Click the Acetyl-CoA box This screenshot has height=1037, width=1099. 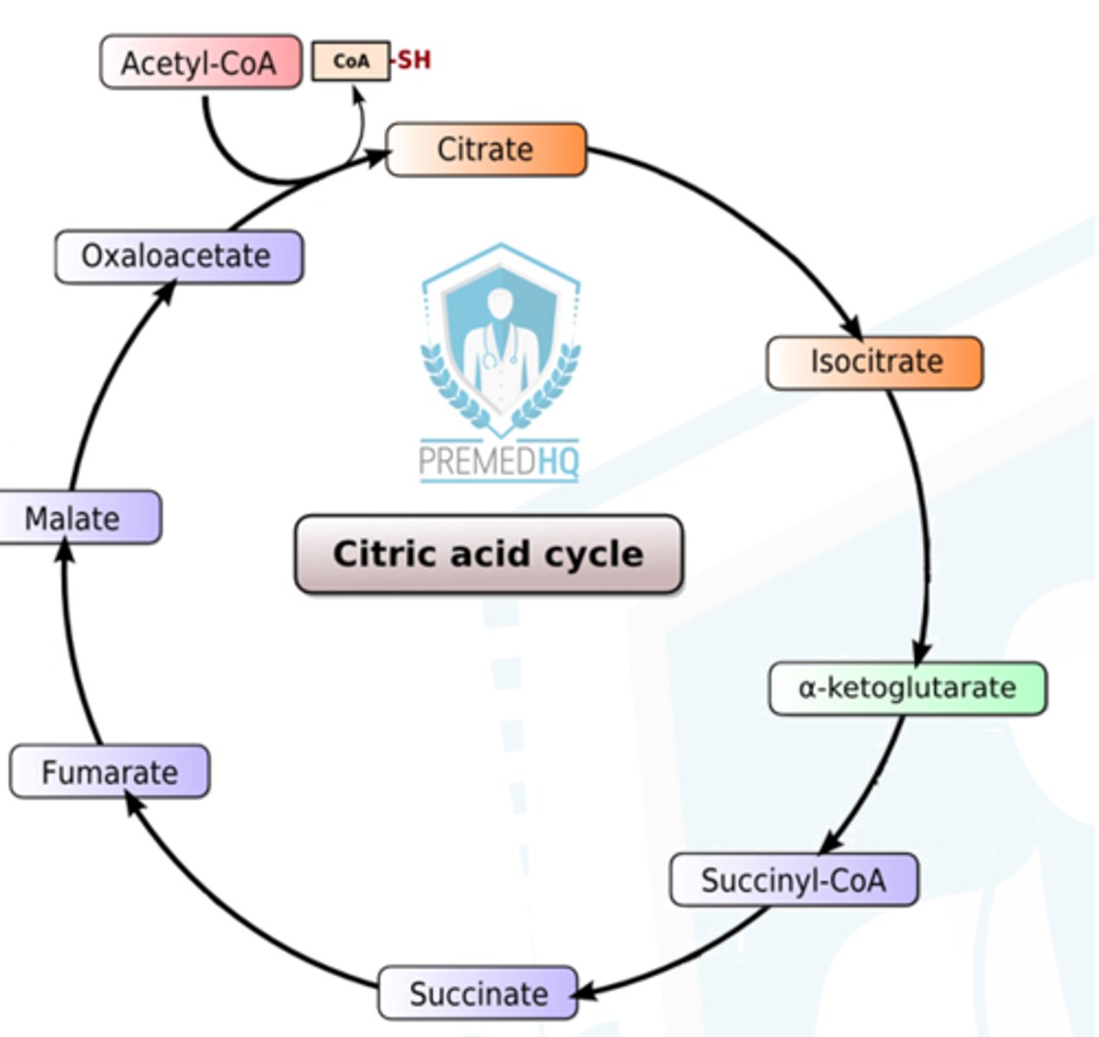[201, 62]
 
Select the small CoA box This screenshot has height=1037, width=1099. [350, 61]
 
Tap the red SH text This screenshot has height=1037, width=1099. [413, 60]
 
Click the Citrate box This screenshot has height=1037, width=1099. [486, 150]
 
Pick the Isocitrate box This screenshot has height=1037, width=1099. [875, 362]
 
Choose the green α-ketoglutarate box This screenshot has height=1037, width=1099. [907, 689]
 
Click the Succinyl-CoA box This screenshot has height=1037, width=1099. [794, 880]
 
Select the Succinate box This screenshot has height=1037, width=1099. [478, 993]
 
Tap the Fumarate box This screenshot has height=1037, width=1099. [110, 771]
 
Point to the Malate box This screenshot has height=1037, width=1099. [78, 518]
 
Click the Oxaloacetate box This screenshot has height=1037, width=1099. [178, 257]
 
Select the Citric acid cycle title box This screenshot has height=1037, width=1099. [489, 554]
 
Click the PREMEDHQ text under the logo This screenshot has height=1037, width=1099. [499, 461]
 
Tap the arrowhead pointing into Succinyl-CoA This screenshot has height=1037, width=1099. [831, 843]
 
